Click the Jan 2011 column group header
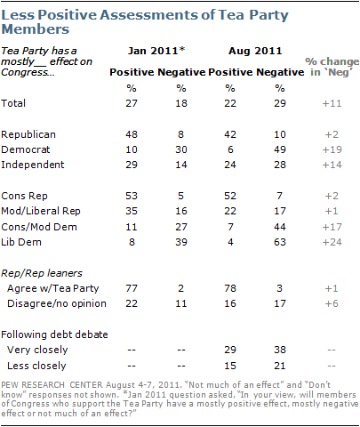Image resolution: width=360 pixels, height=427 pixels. (x=156, y=51)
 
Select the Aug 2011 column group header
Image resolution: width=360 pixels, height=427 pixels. (x=255, y=51)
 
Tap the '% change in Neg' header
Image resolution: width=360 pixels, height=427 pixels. (x=332, y=67)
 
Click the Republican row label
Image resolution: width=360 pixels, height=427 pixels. (x=28, y=134)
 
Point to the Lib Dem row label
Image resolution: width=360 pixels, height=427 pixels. (x=21, y=242)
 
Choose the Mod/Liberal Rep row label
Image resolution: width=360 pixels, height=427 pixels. (x=41, y=211)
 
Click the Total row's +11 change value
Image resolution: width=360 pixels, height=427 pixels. (x=332, y=103)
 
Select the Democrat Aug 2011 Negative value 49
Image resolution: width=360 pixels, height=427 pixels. (x=280, y=149)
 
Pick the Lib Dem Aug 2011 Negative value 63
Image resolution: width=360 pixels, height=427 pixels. (x=280, y=242)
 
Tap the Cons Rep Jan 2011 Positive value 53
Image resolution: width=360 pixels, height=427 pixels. (x=132, y=196)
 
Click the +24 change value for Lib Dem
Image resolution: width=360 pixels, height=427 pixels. (x=332, y=242)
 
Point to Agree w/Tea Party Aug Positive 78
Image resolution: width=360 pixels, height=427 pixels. (x=230, y=288)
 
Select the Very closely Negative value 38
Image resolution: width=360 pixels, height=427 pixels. (x=280, y=350)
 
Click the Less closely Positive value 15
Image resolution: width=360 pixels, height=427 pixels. (x=230, y=366)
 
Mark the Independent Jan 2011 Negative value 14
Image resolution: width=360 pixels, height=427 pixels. (x=181, y=165)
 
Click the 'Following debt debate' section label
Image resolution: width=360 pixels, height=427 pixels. (x=54, y=334)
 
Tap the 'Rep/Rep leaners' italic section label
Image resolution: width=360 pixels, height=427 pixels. (x=42, y=273)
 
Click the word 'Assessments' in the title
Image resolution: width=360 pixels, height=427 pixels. (x=148, y=15)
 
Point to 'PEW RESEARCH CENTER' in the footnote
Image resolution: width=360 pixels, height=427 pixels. (x=52, y=385)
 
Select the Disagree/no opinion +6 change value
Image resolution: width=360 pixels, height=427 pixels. (x=332, y=303)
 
